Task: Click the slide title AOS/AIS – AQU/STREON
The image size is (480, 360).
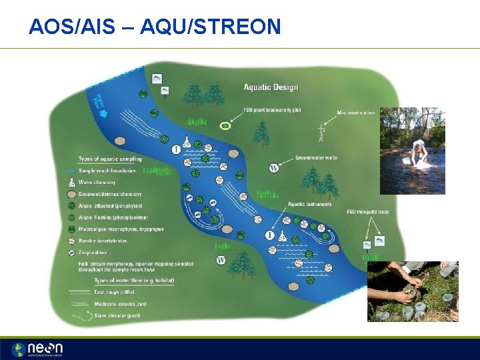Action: click(x=155, y=27)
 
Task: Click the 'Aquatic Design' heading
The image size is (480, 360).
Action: click(x=271, y=87)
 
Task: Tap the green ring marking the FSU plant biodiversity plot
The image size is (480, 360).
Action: click(x=226, y=125)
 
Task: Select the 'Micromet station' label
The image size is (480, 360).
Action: click(x=355, y=113)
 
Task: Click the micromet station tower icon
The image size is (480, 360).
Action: click(x=321, y=133)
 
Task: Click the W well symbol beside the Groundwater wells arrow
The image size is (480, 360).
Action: click(x=274, y=168)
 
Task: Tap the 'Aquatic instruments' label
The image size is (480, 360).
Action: click(x=310, y=203)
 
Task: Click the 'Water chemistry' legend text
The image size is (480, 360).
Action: click(x=97, y=182)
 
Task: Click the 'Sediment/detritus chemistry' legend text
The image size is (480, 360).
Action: click(x=110, y=194)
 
